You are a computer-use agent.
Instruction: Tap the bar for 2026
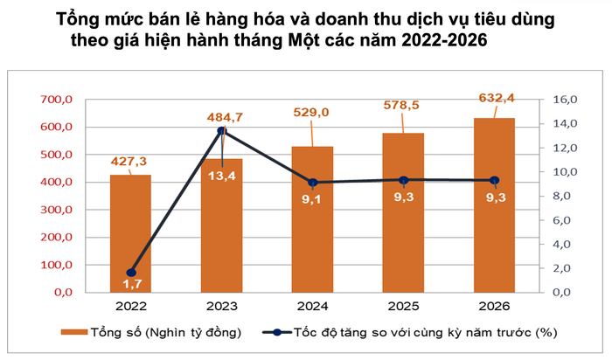(x=494, y=204)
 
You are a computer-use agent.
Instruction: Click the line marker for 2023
(x=222, y=131)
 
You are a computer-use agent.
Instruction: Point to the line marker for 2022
(x=131, y=273)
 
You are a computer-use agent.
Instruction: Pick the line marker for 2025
(x=403, y=180)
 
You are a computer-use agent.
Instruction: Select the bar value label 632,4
(x=494, y=97)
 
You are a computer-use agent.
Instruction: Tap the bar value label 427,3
(x=131, y=161)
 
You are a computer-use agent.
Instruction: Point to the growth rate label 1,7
(x=131, y=285)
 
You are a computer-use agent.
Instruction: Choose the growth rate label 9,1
(x=312, y=199)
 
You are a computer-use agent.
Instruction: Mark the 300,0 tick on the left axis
(x=58, y=210)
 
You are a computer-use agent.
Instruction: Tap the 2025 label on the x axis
(x=403, y=308)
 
